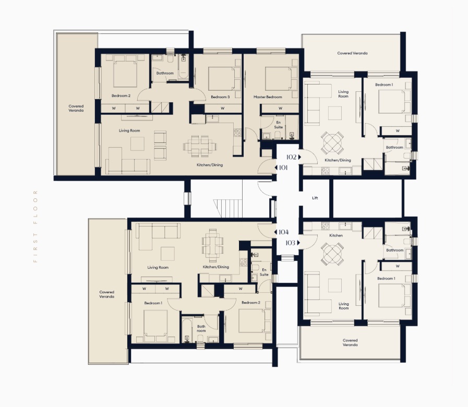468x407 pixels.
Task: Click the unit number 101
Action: click(283, 167)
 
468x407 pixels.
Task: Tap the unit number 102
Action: click(291, 157)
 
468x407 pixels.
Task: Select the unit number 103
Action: click(291, 243)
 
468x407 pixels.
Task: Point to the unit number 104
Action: click(283, 232)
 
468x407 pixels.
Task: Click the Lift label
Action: click(315, 198)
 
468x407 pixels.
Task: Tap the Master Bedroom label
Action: click(268, 97)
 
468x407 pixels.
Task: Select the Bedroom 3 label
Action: click(220, 97)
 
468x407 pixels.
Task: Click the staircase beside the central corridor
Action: click(228, 208)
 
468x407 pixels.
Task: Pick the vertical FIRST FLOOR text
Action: click(35, 226)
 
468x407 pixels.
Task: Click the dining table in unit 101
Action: click(200, 146)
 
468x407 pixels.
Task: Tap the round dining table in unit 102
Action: click(332, 142)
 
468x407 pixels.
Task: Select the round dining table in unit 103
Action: click(332, 254)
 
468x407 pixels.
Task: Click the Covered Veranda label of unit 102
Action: click(352, 53)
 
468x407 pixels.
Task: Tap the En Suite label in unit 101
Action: click(279, 125)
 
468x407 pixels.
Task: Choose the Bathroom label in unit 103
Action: click(394, 250)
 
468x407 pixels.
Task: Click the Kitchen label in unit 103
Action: click(336, 235)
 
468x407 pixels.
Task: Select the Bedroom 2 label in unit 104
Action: click(251, 303)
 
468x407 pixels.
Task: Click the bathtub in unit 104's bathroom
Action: click(187, 330)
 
